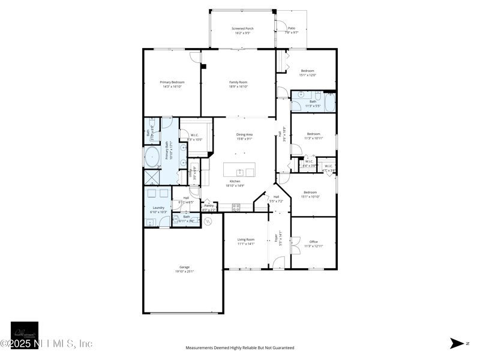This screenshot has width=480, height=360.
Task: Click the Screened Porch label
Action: click(242, 28)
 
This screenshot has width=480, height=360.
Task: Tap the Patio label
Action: click(291, 28)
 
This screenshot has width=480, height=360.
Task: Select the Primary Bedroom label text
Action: click(172, 82)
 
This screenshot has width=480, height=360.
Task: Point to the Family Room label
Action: click(238, 82)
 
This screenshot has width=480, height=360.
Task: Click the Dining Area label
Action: click(244, 134)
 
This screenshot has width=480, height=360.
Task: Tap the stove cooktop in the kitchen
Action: click(236, 208)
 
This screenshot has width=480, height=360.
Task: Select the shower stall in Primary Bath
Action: click(151, 178)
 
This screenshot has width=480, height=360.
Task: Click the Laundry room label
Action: click(158, 208)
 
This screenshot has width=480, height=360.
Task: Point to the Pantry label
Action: click(209, 205)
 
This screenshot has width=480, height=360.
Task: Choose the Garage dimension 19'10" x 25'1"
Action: click(184, 271)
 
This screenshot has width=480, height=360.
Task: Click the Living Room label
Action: click(246, 239)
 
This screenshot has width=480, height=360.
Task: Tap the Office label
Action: click(313, 242)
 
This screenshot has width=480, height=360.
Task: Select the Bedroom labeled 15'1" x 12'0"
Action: click(307, 71)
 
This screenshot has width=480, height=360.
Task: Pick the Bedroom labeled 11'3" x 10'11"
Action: click(313, 134)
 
